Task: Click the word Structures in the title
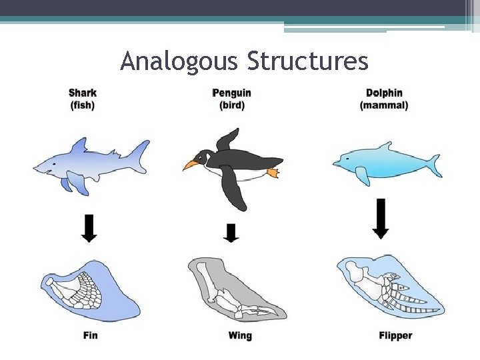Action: (x=307, y=61)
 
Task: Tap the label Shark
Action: (x=82, y=93)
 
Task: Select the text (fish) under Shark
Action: (x=82, y=105)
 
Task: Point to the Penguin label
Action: (x=231, y=93)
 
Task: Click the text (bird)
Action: (x=231, y=105)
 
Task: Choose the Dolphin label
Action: (x=384, y=93)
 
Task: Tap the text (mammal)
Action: (x=384, y=105)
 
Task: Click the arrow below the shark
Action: (x=89, y=227)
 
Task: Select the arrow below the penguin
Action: (x=231, y=233)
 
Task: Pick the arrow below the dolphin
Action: (x=381, y=217)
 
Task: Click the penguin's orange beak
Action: (x=191, y=163)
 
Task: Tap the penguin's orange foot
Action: (x=273, y=173)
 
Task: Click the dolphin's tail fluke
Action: (x=433, y=164)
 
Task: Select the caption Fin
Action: (x=90, y=335)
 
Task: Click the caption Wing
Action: (x=240, y=335)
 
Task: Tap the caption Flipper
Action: (x=395, y=335)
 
